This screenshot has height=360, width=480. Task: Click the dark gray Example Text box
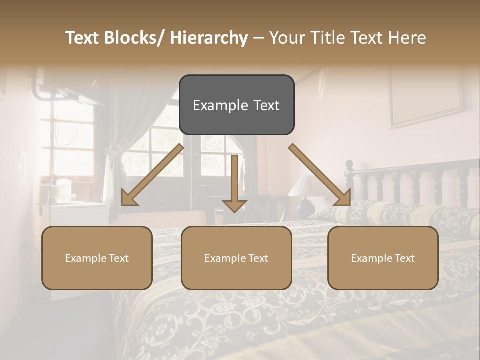236,105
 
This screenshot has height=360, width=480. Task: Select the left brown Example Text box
97,258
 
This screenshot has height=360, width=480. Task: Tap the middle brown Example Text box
236,258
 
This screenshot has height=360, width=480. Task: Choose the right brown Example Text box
383,258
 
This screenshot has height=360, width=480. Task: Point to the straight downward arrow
234,185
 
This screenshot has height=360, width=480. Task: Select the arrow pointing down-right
320,175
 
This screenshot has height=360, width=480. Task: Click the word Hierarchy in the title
209,38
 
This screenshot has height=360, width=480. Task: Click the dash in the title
258,38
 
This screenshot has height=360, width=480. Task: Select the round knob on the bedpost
349,164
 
